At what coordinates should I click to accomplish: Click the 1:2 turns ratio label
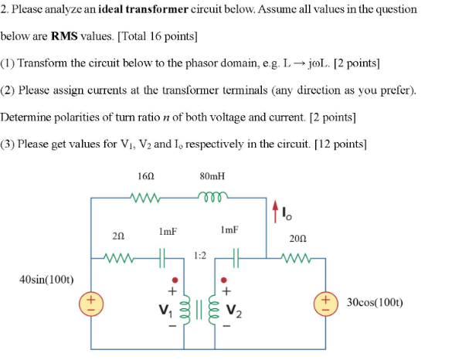(x=200, y=254)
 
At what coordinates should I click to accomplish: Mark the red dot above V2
(x=225, y=280)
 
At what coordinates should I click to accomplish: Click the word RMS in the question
(x=64, y=36)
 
